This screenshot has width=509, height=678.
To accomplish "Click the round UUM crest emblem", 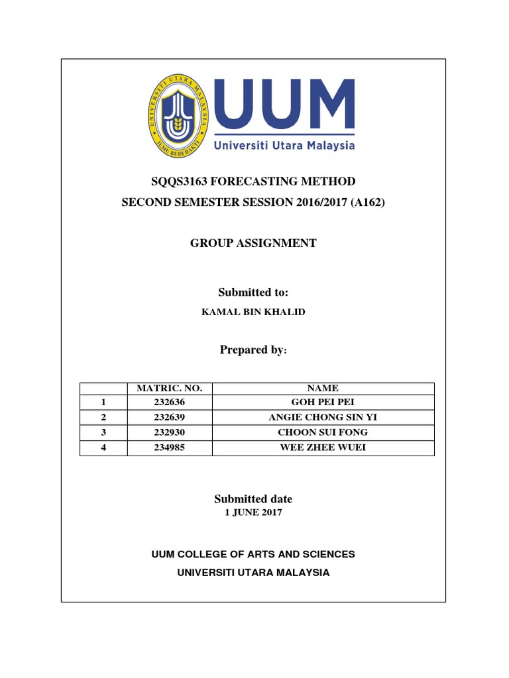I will point(176,113).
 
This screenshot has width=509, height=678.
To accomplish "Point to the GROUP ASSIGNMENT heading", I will point(253,243).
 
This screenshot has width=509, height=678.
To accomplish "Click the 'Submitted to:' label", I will point(253,293).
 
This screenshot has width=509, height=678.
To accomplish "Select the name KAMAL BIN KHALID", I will point(253,312).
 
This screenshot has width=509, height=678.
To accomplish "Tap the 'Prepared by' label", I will point(252,350).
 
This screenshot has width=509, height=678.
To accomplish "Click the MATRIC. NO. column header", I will point(169,389).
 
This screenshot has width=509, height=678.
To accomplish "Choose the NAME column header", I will point(323,389).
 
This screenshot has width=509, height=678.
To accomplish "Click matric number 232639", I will point(169,417).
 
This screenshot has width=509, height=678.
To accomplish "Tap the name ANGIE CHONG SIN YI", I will point(323,417).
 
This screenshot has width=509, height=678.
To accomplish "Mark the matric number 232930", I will point(169,432).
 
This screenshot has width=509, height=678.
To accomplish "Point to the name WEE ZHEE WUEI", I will point(323,448).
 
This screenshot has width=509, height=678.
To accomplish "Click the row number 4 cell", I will point(103,448).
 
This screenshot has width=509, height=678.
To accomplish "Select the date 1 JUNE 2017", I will point(253,512).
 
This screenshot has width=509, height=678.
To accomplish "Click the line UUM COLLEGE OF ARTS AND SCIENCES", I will point(253,554).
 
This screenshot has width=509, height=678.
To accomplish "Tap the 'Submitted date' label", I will point(253,499).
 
